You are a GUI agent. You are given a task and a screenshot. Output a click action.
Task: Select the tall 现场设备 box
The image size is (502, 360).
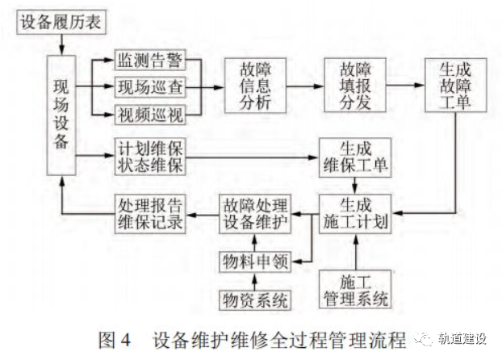(x=61, y=115)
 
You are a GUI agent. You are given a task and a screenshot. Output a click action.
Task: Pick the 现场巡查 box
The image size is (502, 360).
(x=149, y=86)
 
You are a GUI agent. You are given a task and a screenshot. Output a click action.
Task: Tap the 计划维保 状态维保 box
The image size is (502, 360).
(x=150, y=157)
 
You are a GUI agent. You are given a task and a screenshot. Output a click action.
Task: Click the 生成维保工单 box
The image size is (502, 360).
(x=355, y=157)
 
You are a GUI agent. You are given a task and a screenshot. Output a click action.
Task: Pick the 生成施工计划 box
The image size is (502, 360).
(x=355, y=212)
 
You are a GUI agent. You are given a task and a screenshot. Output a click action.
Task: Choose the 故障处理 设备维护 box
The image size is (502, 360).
(x=255, y=212)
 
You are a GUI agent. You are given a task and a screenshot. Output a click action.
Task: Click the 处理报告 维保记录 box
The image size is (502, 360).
(x=147, y=212)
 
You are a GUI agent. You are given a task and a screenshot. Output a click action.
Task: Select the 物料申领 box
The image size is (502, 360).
(x=255, y=262)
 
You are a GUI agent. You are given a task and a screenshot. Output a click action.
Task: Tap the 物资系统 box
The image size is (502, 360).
(x=255, y=301)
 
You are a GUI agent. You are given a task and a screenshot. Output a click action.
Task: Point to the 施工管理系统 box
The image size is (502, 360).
(x=355, y=290)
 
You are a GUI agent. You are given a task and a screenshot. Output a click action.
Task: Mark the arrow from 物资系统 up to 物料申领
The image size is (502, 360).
(x=255, y=282)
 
